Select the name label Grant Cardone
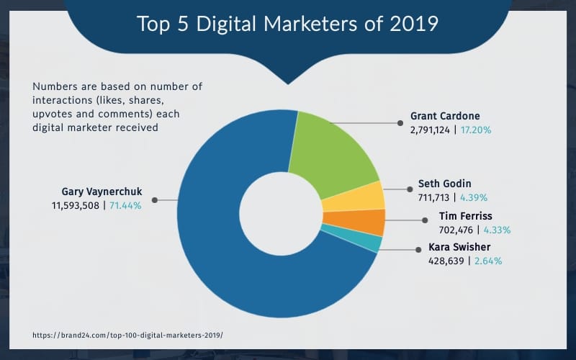pos(444,115)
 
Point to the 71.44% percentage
pos(125,205)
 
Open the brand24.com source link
pos(128,336)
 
